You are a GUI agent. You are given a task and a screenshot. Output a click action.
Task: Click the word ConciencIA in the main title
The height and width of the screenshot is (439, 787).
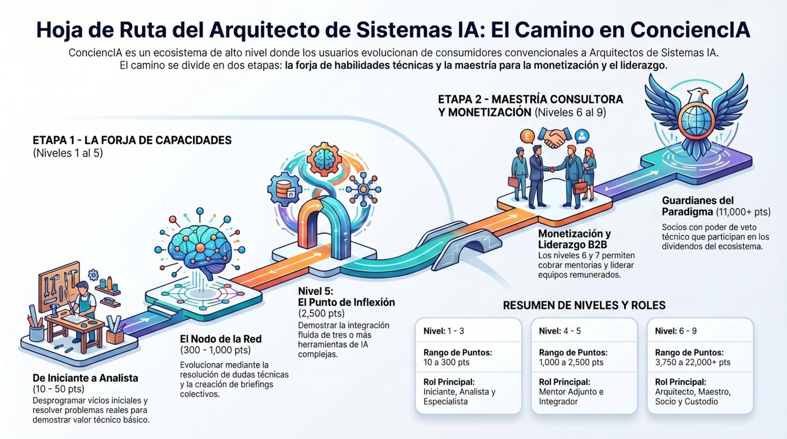pyautogui.click(x=690, y=30)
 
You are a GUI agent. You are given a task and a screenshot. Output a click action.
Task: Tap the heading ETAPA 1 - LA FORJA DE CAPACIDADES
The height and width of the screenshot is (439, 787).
pyautogui.click(x=132, y=140)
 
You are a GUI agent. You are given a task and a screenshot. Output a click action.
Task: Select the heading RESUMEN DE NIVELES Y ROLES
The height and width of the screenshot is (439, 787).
pyautogui.click(x=584, y=305)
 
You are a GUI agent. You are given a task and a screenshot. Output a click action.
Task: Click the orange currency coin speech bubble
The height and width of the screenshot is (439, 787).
pyautogui.click(x=527, y=136)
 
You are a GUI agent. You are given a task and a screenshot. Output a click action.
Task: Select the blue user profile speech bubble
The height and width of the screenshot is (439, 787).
pyautogui.click(x=582, y=136)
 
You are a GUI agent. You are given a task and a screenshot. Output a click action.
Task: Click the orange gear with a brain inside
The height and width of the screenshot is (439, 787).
pyautogui.click(x=324, y=159)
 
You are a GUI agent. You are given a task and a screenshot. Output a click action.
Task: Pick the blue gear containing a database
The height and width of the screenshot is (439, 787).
pyautogui.click(x=285, y=189)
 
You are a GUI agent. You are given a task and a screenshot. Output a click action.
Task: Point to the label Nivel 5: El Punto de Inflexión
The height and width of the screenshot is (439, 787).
pyautogui.click(x=346, y=296)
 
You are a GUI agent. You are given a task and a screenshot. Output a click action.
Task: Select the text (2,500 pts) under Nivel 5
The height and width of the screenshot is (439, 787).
pyautogui.click(x=321, y=313)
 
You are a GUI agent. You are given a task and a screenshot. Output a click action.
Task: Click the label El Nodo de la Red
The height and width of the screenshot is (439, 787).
pyautogui.click(x=221, y=339)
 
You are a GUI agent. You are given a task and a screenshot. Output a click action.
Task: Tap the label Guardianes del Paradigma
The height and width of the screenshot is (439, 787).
pyautogui.click(x=698, y=206)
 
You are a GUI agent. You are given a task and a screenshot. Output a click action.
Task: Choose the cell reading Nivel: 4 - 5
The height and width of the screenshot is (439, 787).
pyautogui.click(x=560, y=331)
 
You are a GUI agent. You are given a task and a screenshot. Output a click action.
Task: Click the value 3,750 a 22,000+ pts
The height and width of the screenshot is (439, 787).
pyautogui.click(x=692, y=362)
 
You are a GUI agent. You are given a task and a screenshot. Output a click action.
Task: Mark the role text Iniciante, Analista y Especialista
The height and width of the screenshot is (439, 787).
pyautogui.click(x=459, y=396)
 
